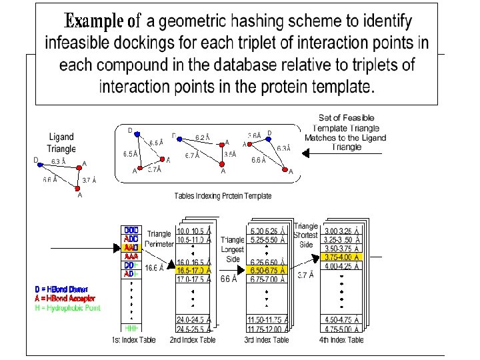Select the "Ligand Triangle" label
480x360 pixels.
point(61,143)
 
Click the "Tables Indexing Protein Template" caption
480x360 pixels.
point(223,196)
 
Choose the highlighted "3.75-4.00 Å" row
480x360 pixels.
point(342,257)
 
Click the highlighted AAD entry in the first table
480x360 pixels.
point(131,247)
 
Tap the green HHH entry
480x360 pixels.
point(131,328)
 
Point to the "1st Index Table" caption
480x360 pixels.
point(133,340)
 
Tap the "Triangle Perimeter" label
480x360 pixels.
point(159,239)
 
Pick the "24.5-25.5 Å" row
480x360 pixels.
point(193,328)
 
